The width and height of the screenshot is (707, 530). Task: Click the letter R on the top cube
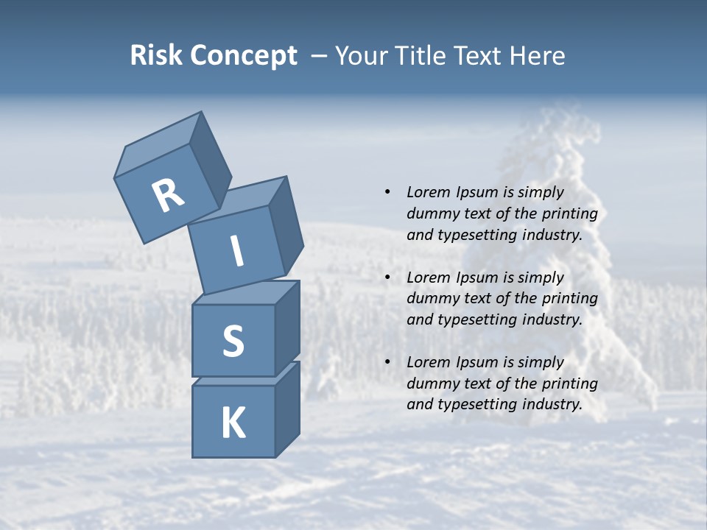coord(167,196)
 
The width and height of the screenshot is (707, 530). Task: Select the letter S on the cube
coord(233,341)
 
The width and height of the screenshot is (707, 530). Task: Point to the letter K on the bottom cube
coord(233,423)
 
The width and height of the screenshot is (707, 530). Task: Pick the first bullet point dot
coord(387,192)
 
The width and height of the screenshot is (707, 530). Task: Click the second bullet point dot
coord(387,278)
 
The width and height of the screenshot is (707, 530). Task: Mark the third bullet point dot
coord(387,362)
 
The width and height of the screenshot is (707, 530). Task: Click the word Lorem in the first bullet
coord(429,192)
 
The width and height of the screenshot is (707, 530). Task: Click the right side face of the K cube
coord(287,409)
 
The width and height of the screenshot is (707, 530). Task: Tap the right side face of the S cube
coord(287,328)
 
